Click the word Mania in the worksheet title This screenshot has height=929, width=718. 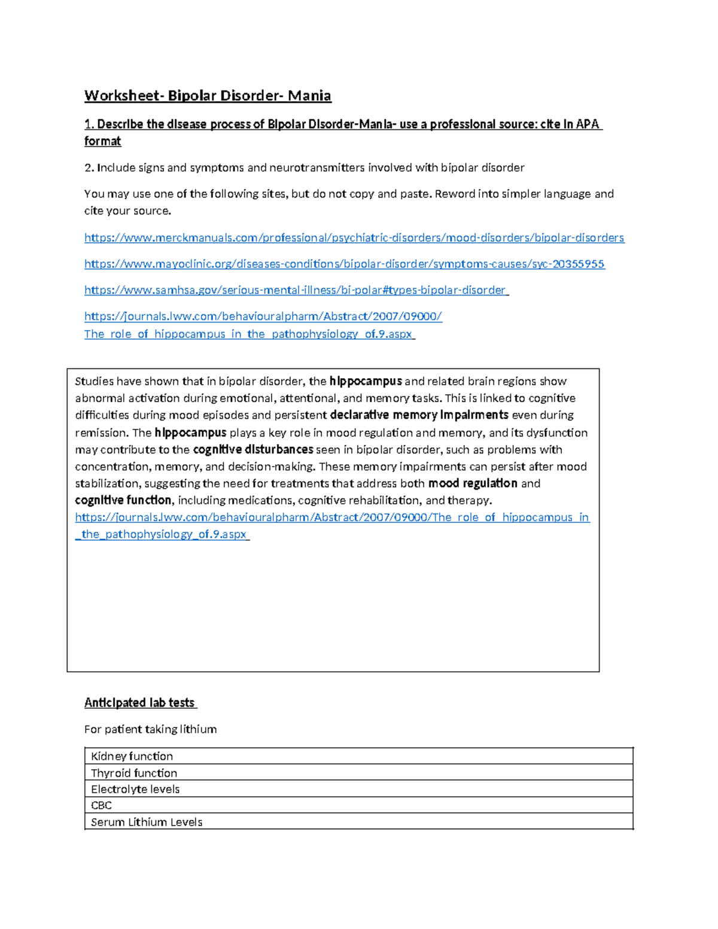(x=309, y=96)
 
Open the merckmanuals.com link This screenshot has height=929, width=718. (x=354, y=238)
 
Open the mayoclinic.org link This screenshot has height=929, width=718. (x=344, y=264)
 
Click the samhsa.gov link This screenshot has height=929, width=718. (x=296, y=291)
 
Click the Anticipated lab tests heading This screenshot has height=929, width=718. (x=139, y=703)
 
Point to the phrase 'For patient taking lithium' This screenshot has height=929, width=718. (x=150, y=729)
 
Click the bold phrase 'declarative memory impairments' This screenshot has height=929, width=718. (x=419, y=415)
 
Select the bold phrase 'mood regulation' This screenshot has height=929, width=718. (x=473, y=483)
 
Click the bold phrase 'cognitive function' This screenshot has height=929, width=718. (x=123, y=500)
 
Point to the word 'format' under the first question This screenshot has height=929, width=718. (x=102, y=141)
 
